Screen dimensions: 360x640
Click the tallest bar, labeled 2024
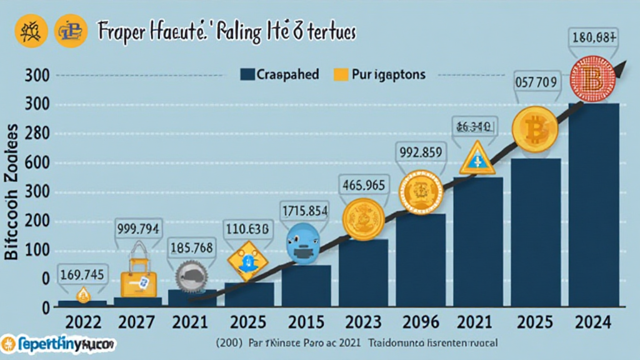point(594,206)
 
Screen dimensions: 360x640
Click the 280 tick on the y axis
point(36,134)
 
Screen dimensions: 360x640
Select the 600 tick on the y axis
point(36,163)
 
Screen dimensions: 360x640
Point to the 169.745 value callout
point(82,273)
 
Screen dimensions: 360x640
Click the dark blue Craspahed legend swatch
point(247,75)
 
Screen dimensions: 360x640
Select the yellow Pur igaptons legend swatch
point(341,75)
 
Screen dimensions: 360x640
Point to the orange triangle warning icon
point(477,159)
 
